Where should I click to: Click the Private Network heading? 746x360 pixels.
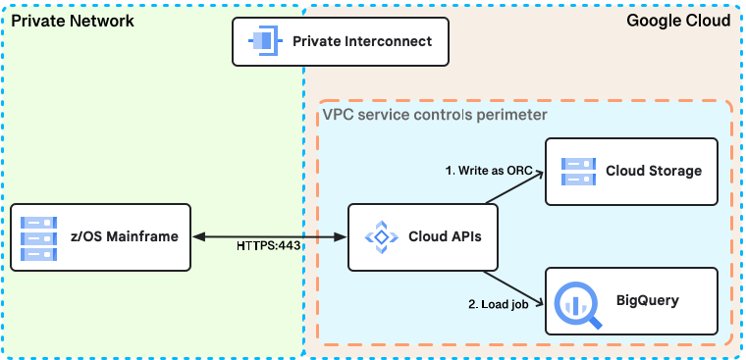pos(73,21)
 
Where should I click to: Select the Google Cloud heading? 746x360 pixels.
pos(677,21)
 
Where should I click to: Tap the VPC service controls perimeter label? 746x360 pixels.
pos(435,115)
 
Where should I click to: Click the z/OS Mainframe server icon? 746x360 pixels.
pos(37,237)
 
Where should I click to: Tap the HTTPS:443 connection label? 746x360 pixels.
pos(269,245)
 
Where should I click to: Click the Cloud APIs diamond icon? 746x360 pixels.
pos(378,236)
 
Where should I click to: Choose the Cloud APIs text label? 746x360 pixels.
pos(444,237)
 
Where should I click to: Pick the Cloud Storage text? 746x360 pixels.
pos(654,171)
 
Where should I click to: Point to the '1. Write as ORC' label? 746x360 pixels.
pos(489,170)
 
